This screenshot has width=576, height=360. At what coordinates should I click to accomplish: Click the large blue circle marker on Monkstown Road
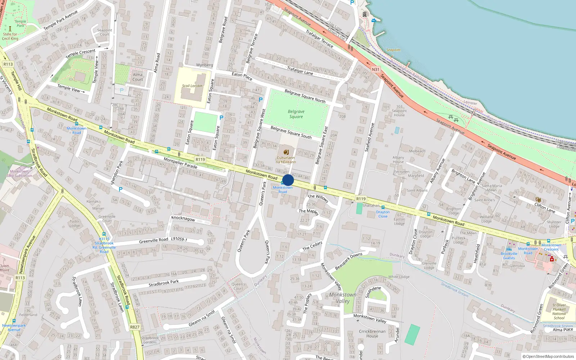pos(288,180)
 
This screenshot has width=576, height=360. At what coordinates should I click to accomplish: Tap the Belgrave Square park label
pos(296,114)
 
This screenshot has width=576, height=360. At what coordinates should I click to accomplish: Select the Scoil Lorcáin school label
pos(192,86)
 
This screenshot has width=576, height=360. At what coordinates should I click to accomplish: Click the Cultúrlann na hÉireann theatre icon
pos(286,152)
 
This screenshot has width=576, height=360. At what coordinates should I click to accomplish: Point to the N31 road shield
pos(375,69)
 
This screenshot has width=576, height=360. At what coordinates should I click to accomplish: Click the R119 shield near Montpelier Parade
pos(200,159)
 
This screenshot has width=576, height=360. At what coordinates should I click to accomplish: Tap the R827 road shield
pos(135,327)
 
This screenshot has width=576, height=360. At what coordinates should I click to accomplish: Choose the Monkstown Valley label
pos(343,298)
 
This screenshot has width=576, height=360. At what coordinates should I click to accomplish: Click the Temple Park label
pos(21,23)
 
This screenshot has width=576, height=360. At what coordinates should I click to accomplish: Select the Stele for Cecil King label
pos(10,36)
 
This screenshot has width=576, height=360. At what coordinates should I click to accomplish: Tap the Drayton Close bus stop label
pos(383,214)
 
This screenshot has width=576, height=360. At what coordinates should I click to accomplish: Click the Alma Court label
pos(138,77)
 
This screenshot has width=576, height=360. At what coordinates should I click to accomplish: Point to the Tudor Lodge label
pos(75,224)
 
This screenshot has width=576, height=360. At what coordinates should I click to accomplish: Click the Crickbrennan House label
pos(372,334)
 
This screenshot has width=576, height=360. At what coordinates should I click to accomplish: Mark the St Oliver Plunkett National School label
pos(559,311)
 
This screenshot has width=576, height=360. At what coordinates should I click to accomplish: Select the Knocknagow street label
pos(183,219)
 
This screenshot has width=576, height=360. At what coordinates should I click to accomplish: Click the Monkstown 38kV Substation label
pos(19,174)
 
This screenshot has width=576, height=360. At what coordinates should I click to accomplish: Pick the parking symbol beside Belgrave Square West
pos(261,100)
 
